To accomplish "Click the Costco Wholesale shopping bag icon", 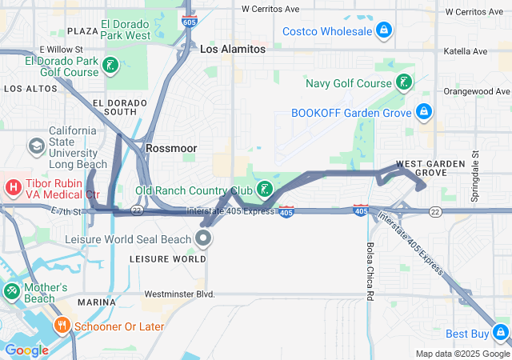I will point(384,31).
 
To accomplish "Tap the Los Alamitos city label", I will point(232,49).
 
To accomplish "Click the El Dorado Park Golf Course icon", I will point(111,66).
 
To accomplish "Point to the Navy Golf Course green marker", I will point(405,82).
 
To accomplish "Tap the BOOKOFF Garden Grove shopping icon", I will point(424,112).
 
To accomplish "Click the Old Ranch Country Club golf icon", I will point(264,190).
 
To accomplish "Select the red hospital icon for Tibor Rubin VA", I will point(13,188).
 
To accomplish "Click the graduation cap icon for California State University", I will point(36,146).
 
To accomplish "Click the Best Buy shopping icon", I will point(501,332).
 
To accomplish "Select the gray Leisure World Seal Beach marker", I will point(204,238).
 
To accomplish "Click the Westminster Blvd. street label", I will point(184,294).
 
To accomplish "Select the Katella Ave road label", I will point(468,51).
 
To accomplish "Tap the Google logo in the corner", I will point(26,350).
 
